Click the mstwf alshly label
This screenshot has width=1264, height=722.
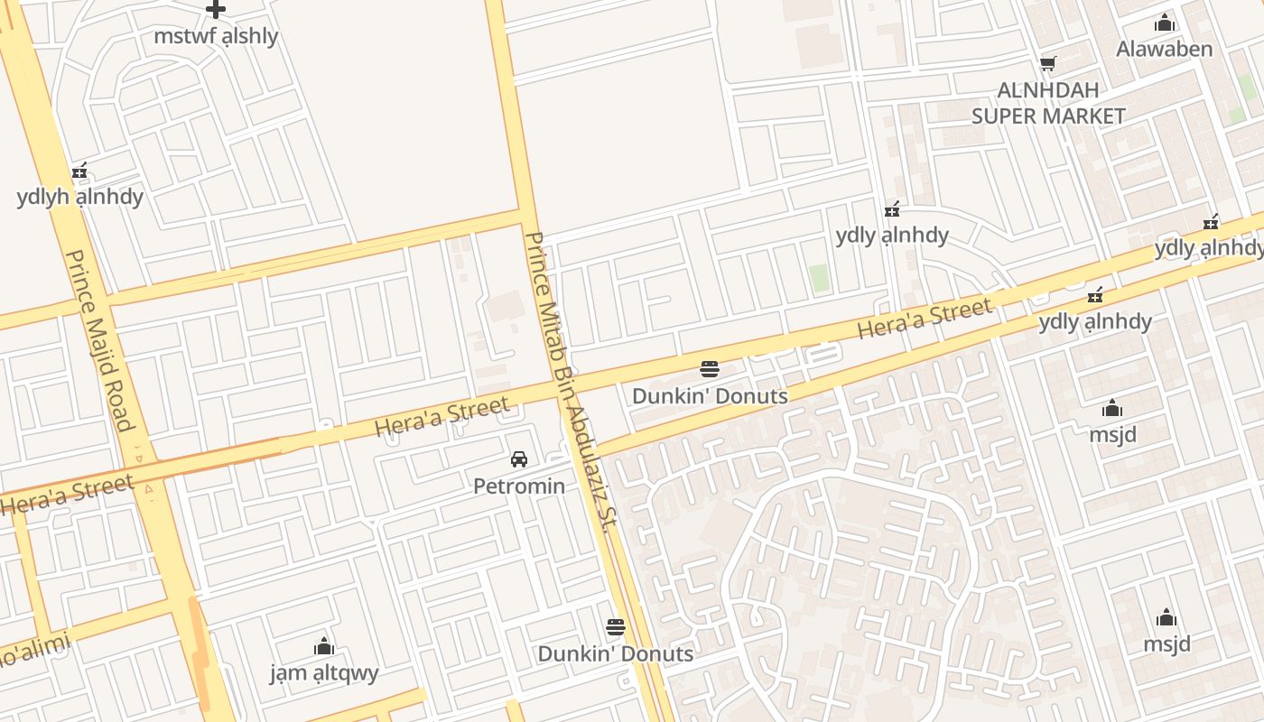pos(216,37)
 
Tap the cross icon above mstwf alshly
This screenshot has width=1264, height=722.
pos(215,10)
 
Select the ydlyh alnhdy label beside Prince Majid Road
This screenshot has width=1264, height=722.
pos(79,197)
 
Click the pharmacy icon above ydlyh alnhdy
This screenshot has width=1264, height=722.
pos(79,171)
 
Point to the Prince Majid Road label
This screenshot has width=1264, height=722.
pos(99,340)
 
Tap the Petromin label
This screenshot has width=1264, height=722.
pos(519,486)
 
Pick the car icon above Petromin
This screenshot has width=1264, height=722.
pos(519,459)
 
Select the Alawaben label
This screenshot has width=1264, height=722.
pos(1165,49)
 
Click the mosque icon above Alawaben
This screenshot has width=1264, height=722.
pos(1165,23)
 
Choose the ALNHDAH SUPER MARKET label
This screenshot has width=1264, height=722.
pos(1048,103)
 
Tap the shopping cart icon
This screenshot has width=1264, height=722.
pos(1048,63)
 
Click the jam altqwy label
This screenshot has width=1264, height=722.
pos(324,673)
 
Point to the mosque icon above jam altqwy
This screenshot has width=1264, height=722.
pos(324,646)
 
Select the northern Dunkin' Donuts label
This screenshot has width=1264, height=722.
pos(710,396)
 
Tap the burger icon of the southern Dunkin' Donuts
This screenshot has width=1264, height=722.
pos(616,627)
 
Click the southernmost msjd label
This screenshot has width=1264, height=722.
pos(1166,644)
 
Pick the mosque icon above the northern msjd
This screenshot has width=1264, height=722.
pos(1112,409)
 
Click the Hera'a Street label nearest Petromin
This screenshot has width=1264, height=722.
pos(441,416)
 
